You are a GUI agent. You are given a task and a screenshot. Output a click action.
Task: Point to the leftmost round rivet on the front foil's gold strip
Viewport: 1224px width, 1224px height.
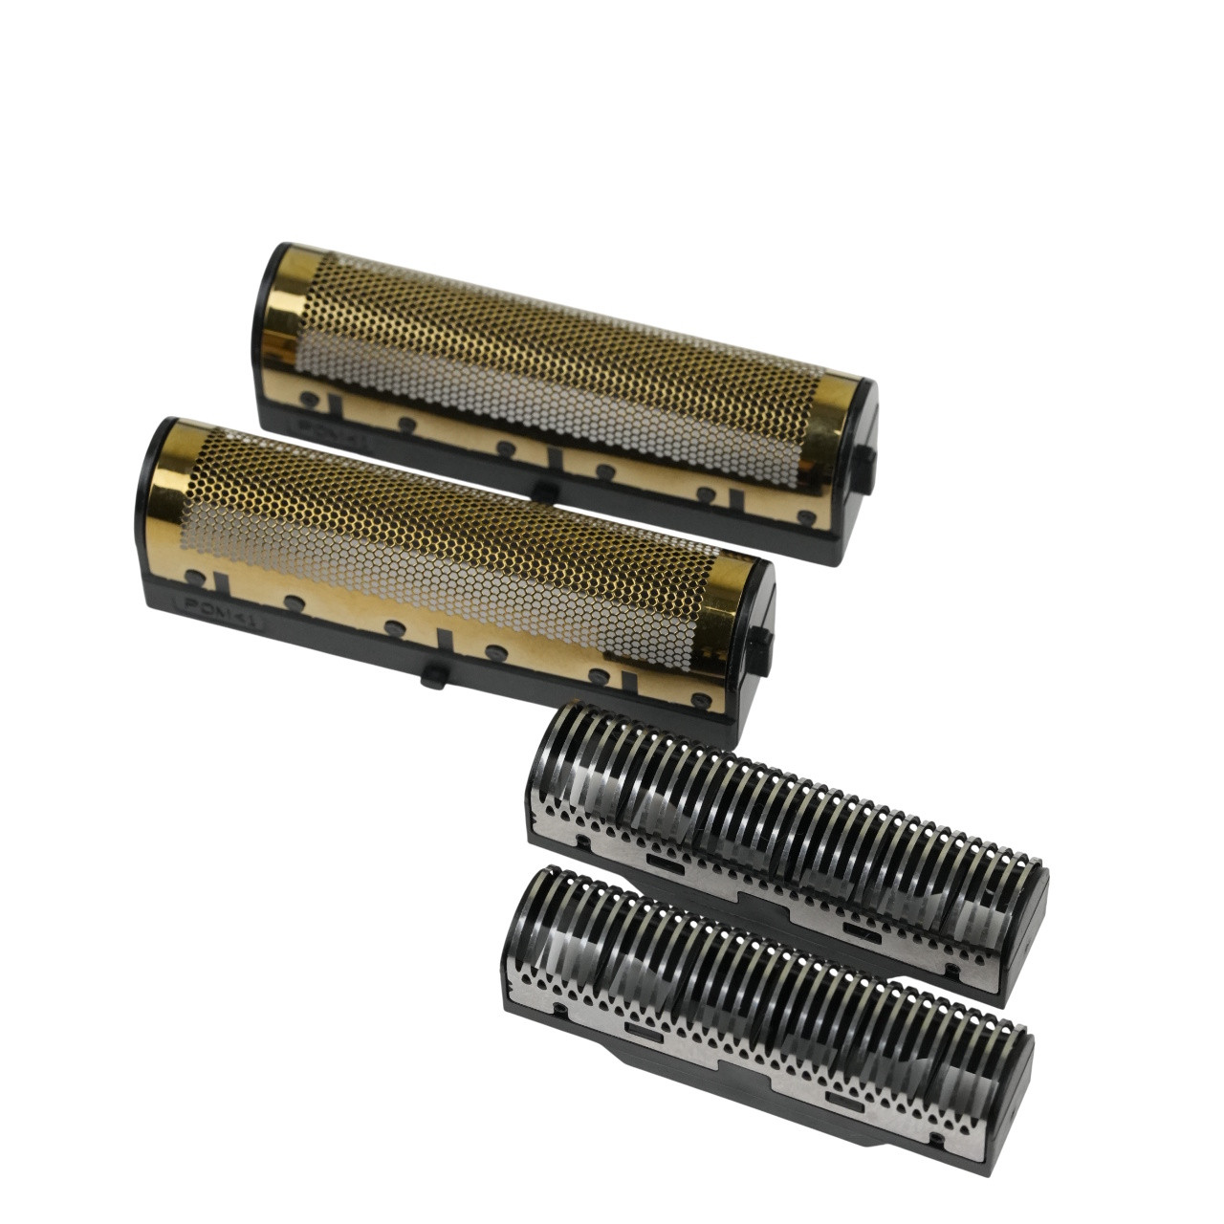pos(194,578)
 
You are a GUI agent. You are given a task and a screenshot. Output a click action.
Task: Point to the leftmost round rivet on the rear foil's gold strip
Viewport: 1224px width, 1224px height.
pos(309,398)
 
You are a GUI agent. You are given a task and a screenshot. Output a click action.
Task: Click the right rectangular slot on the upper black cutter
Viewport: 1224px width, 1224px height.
pos(857,929)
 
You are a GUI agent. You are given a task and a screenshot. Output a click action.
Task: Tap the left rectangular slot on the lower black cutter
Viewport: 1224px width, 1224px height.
pos(642,1032)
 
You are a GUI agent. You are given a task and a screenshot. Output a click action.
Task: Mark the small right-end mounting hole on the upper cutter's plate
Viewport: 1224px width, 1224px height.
pos(951,970)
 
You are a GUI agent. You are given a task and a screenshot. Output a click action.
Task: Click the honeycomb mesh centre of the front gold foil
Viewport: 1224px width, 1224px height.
pos(449,545)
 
